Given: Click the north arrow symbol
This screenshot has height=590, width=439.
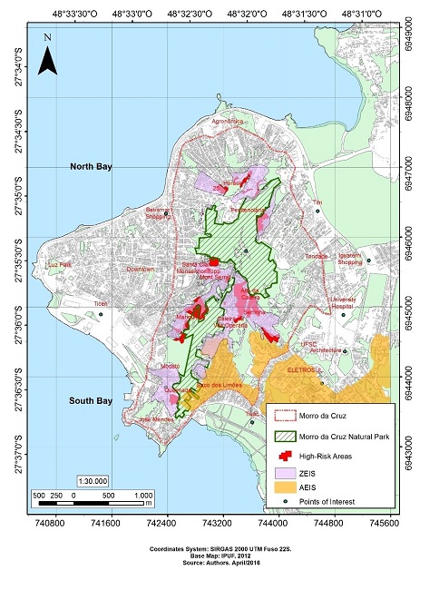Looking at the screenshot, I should tap(51, 59).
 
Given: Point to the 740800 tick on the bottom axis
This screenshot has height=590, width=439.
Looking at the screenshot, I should tap(49, 525).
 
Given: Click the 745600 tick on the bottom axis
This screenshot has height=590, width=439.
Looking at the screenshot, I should tap(386, 525).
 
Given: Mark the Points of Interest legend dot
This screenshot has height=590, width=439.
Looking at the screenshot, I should tap(287, 502).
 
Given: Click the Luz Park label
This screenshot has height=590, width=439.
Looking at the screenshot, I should tap(59, 264).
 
